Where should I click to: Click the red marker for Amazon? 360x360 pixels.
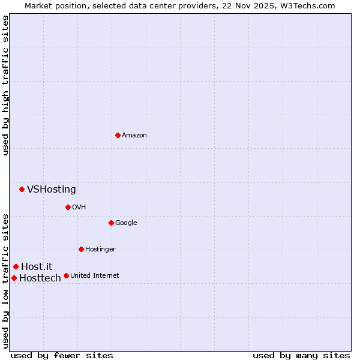click(x=118, y=135)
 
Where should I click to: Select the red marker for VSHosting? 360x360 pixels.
click(x=22, y=189)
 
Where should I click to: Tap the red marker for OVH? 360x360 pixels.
click(x=68, y=207)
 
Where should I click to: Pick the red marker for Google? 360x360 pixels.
click(x=111, y=223)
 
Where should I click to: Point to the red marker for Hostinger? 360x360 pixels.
click(x=81, y=249)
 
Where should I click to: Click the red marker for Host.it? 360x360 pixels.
click(x=16, y=266)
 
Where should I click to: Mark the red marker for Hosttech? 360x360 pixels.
click(x=14, y=278)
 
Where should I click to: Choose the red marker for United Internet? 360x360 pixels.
click(x=66, y=275)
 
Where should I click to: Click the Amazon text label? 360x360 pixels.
click(x=134, y=136)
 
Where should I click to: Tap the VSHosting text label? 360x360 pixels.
click(x=52, y=190)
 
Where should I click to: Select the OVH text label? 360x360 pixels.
click(x=79, y=208)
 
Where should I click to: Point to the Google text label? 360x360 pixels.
click(x=126, y=223)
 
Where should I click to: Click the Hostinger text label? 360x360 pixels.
click(x=100, y=250)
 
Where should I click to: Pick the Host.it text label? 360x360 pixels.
click(x=37, y=267)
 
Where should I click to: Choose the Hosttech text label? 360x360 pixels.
click(x=40, y=278)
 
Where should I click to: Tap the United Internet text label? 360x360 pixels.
click(x=94, y=276)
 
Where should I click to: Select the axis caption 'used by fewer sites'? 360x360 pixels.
click(x=62, y=355)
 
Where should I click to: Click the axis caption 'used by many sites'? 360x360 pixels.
click(x=301, y=355)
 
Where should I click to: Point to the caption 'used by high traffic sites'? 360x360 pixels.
click(x=6, y=85)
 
